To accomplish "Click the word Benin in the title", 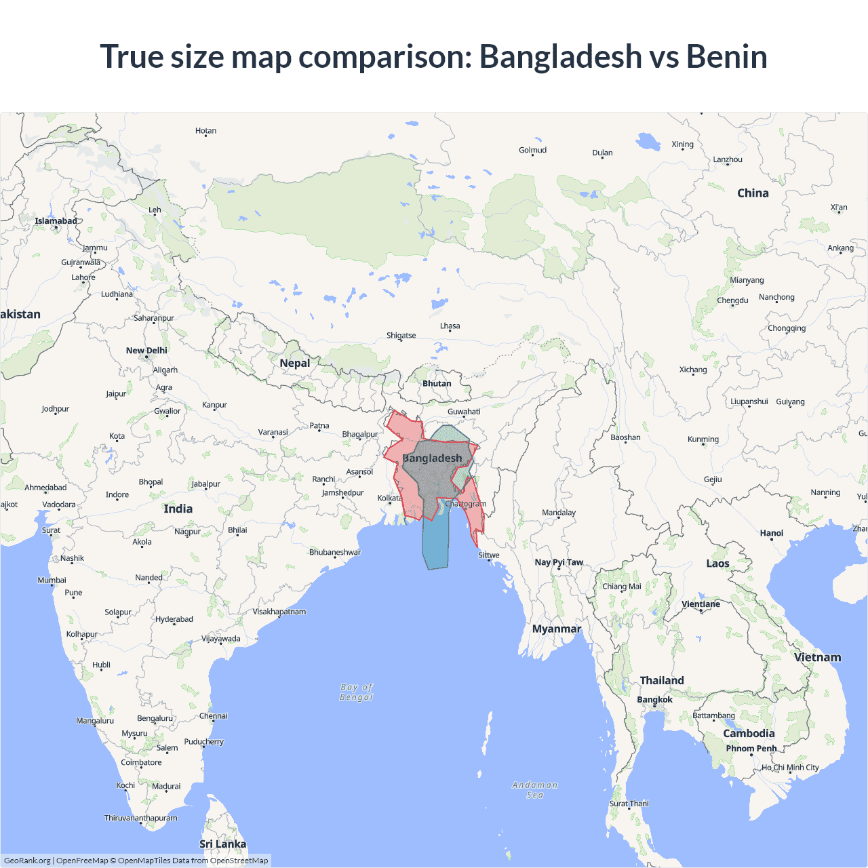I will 726,56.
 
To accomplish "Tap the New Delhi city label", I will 146,351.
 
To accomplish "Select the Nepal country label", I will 294,363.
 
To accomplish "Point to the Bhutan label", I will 437,384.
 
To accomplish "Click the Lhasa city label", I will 450,326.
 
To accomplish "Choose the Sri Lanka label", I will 222,844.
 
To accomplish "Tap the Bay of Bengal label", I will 357,692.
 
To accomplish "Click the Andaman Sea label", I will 535,790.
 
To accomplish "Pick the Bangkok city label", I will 654,700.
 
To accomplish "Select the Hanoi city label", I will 772,533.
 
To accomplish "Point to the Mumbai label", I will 52,580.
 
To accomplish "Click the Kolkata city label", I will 389,498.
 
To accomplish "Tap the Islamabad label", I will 56,221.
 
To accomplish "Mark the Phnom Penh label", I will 751,749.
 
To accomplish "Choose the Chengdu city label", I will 732,300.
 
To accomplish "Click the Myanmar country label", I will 556,629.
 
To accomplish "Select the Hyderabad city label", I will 174,619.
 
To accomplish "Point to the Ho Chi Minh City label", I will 790,768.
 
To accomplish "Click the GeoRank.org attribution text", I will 27,861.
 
